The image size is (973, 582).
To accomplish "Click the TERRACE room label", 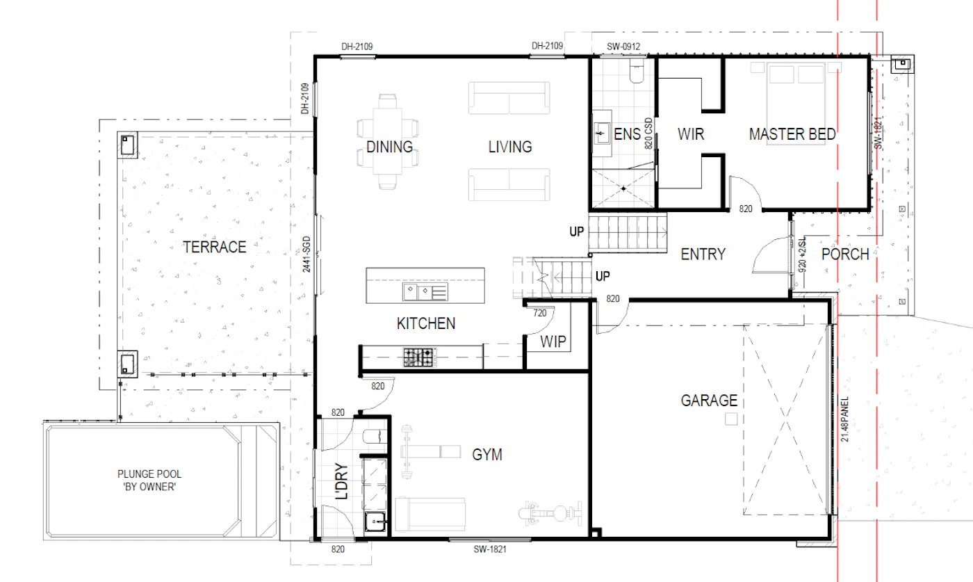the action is point(215,248).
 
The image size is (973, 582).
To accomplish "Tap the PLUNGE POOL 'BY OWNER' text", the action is point(149,480).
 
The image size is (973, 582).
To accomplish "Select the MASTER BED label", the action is point(792,134).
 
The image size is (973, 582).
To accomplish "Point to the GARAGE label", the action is point(709,401).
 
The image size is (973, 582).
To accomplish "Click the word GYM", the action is point(487,455).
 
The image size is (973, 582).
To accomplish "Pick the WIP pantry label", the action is point(553,342).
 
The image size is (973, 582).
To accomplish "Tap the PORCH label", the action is point(845,254).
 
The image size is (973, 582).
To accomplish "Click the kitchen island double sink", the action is point(425,291).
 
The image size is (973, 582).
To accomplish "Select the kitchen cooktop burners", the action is point(420,357).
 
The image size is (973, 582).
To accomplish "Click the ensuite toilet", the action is point(637,72).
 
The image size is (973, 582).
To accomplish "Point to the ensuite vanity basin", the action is point(602,134).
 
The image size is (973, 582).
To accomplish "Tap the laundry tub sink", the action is point(375,521).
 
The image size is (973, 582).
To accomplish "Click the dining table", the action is point(388,142).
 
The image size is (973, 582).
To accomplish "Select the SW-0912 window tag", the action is point(623,47).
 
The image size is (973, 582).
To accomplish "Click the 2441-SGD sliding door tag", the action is point(306,254).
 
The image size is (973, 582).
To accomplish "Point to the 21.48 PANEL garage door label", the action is point(844,419).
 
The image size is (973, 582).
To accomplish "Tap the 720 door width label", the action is point(540,313).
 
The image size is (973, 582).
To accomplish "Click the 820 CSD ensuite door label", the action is point(648,134).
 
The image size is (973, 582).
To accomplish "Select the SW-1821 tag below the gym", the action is point(490,549).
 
